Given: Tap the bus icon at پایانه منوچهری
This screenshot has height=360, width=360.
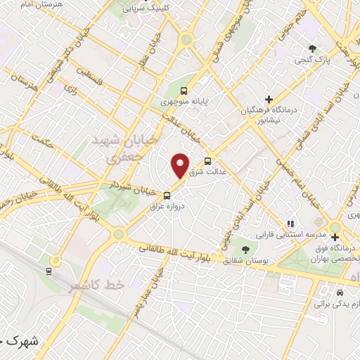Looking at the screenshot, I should [184, 91].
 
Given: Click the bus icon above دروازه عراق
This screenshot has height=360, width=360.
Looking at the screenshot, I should [167, 195].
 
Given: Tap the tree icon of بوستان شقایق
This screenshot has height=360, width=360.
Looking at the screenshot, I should [245, 250].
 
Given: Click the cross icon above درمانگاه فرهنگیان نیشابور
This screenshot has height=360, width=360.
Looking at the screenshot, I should [269, 100].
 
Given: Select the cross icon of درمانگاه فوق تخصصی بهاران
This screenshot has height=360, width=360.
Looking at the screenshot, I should [336, 236].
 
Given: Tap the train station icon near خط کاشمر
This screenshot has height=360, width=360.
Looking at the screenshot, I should [49, 269].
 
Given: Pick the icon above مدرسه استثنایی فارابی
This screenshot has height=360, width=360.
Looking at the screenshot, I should [289, 223].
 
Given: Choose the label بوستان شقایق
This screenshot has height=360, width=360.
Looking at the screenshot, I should [241, 262].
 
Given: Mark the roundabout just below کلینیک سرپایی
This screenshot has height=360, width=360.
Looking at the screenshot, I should [186, 39].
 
